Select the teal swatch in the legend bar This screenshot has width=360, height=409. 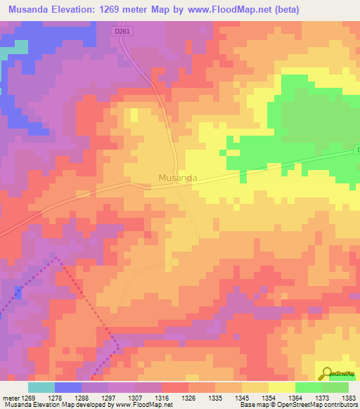(x=41, y=387)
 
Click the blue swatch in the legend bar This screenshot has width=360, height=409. (x=68, y=387)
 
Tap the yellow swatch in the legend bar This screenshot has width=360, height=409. (x=282, y=387)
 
